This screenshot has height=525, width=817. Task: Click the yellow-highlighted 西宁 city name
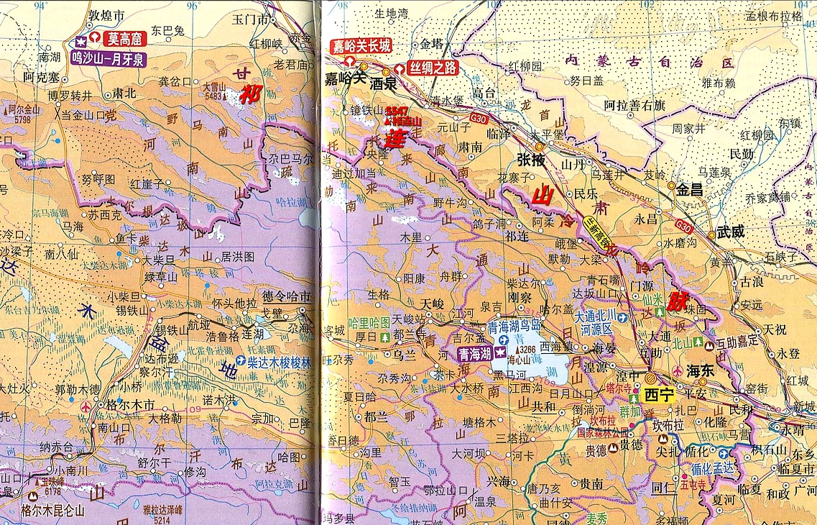(659, 394)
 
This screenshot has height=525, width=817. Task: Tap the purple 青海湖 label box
(475, 353)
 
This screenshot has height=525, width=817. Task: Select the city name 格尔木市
(129, 405)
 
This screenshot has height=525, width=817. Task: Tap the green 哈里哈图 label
(368, 321)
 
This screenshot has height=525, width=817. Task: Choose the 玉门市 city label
(251, 19)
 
